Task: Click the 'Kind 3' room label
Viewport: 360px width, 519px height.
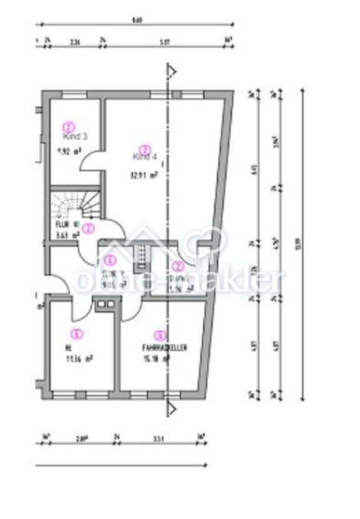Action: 74,134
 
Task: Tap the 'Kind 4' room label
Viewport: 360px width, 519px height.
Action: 144,158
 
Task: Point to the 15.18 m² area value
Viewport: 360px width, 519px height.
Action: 157,359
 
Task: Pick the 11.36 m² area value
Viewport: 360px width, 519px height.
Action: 79,359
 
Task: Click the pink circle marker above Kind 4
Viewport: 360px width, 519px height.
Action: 144,149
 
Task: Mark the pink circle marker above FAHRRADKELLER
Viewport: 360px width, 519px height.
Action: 161,335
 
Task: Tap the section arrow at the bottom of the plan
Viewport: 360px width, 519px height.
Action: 171,409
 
